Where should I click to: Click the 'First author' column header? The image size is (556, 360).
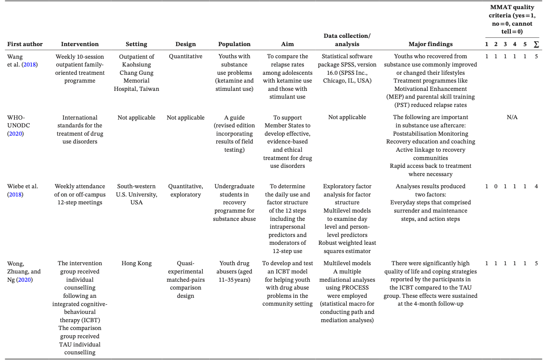tap(25, 44)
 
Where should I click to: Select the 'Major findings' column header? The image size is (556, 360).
tap(430, 44)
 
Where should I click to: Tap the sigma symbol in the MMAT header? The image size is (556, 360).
tap(536, 44)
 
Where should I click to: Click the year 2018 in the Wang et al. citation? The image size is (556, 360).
tap(30, 64)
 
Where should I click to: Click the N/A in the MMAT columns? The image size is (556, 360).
tap(512, 117)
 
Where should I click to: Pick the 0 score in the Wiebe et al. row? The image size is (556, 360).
tap(496, 186)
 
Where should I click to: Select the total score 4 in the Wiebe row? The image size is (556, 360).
tap(536, 186)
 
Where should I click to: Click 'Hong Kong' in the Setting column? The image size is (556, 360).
tap(136, 263)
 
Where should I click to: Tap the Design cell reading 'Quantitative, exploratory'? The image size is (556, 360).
tap(185, 190)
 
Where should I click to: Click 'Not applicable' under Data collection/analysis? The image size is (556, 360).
tap(347, 117)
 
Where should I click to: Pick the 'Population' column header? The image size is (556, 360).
tap(234, 44)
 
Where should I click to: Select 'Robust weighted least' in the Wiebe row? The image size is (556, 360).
tap(347, 243)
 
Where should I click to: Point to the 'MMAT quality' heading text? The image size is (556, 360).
tap(511, 7)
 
